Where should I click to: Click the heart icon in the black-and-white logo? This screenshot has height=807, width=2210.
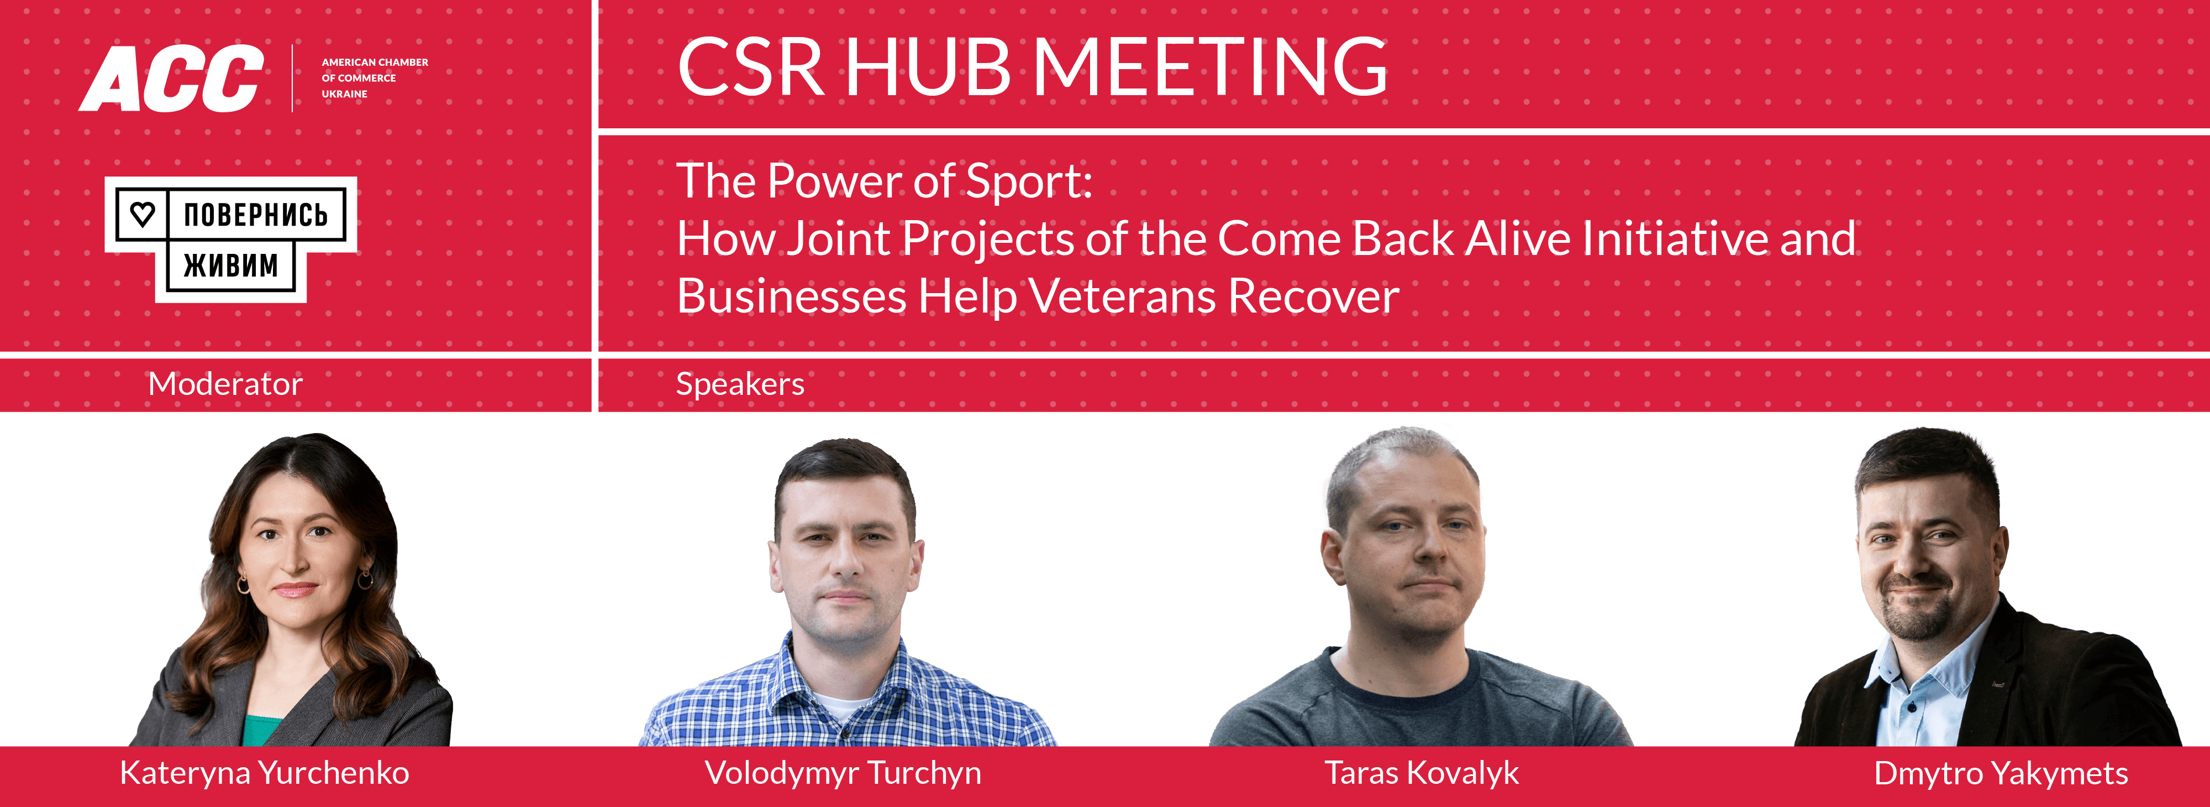[x=143, y=214]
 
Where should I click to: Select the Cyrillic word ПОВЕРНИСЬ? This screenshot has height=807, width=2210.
[x=256, y=215]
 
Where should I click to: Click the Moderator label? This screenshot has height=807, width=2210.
[x=225, y=384]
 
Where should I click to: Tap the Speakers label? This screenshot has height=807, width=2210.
[x=740, y=384]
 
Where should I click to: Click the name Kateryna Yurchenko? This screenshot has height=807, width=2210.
[x=264, y=773]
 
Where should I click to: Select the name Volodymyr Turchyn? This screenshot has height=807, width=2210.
[x=843, y=773]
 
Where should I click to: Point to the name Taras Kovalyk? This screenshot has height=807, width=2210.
[x=1420, y=773]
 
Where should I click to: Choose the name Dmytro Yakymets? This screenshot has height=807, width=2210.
[x=2001, y=773]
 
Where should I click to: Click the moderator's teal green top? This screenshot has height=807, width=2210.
[x=262, y=730]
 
